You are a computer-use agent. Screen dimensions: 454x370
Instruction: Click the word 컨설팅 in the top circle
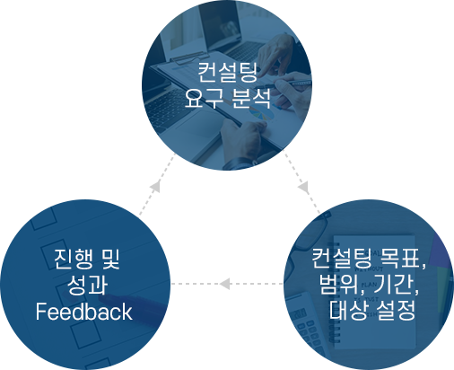coord(228,73)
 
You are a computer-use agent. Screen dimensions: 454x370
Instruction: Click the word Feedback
coord(84,312)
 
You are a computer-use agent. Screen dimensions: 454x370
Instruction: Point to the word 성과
coord(87,285)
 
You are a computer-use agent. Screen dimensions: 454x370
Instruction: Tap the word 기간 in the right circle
coord(394,285)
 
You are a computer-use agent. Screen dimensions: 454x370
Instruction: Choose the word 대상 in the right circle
coord(348,311)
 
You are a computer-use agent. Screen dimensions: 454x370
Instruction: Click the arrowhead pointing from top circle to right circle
coord(304,188)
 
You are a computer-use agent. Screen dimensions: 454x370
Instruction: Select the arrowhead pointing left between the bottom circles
coord(225,284)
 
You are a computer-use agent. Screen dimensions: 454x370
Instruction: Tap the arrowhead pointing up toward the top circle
coord(155,186)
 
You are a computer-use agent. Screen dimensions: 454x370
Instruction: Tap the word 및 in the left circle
coord(110,259)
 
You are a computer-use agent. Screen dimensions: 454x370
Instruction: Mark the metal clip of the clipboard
coord(189,57)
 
